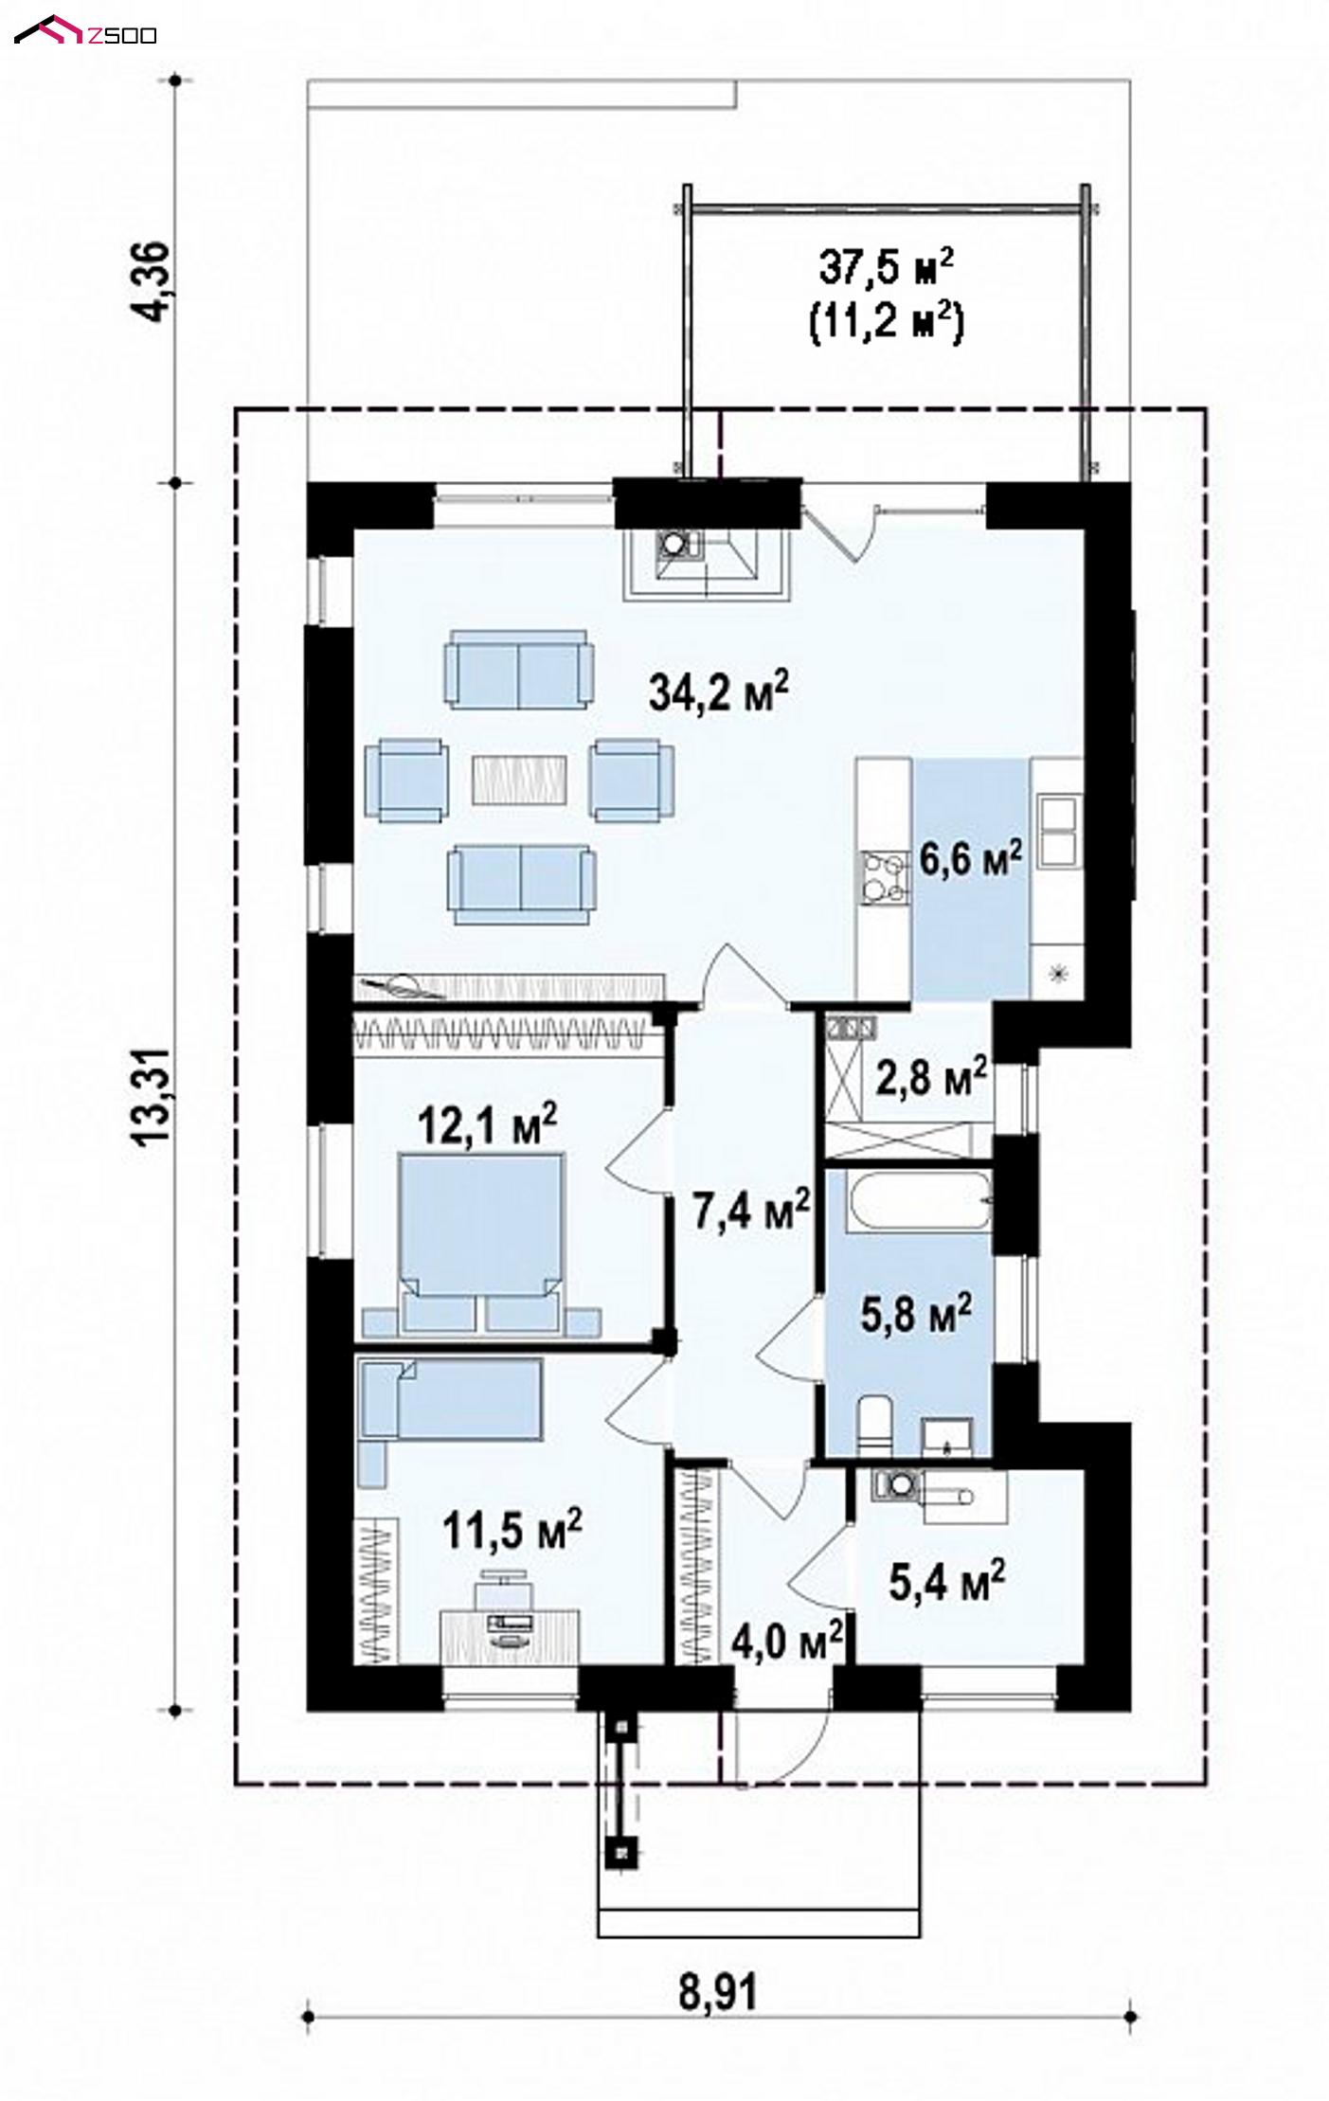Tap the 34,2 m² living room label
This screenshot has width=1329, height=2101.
tap(720, 691)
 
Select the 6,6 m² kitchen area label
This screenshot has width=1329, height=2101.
tap(971, 859)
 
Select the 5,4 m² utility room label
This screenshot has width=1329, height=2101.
tap(947, 1579)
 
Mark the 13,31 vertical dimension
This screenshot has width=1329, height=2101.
tap(153, 1096)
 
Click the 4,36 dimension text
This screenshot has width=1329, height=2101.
tap(153, 282)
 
